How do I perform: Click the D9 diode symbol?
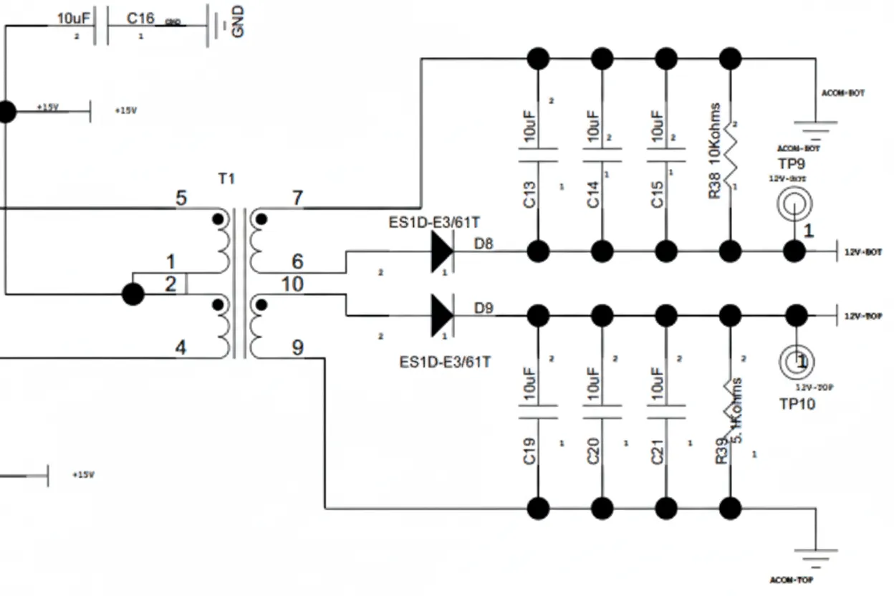[x=442, y=315]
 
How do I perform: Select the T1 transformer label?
[x=226, y=178]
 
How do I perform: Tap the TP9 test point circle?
[x=794, y=205]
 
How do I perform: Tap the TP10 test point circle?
[x=797, y=362]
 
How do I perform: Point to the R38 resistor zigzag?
[x=731, y=155]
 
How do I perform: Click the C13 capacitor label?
[x=530, y=195]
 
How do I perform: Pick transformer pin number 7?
[x=298, y=198]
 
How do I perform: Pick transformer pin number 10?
[x=292, y=284]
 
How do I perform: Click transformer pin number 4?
[x=181, y=348]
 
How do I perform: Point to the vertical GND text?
[x=238, y=21]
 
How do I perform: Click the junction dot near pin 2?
[x=133, y=294]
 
